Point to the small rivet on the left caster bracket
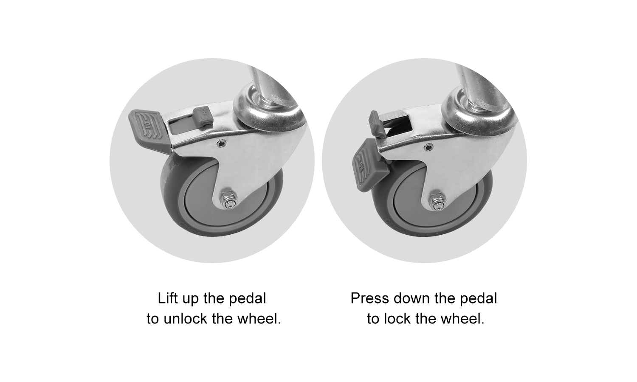coord(220,144)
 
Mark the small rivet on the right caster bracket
coord(428,147)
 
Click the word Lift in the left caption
coord(167,298)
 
